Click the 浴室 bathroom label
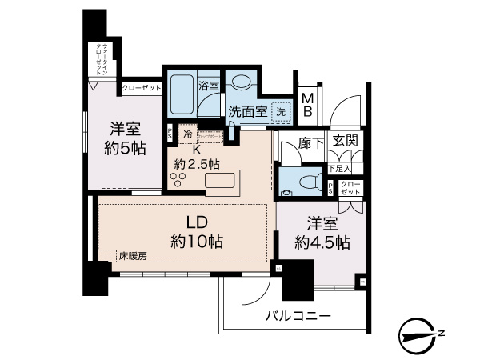(x=209, y=82)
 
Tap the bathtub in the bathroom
(x=182, y=95)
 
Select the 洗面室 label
(x=247, y=112)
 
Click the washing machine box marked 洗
(x=281, y=113)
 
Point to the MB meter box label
(x=306, y=105)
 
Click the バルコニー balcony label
(x=298, y=317)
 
